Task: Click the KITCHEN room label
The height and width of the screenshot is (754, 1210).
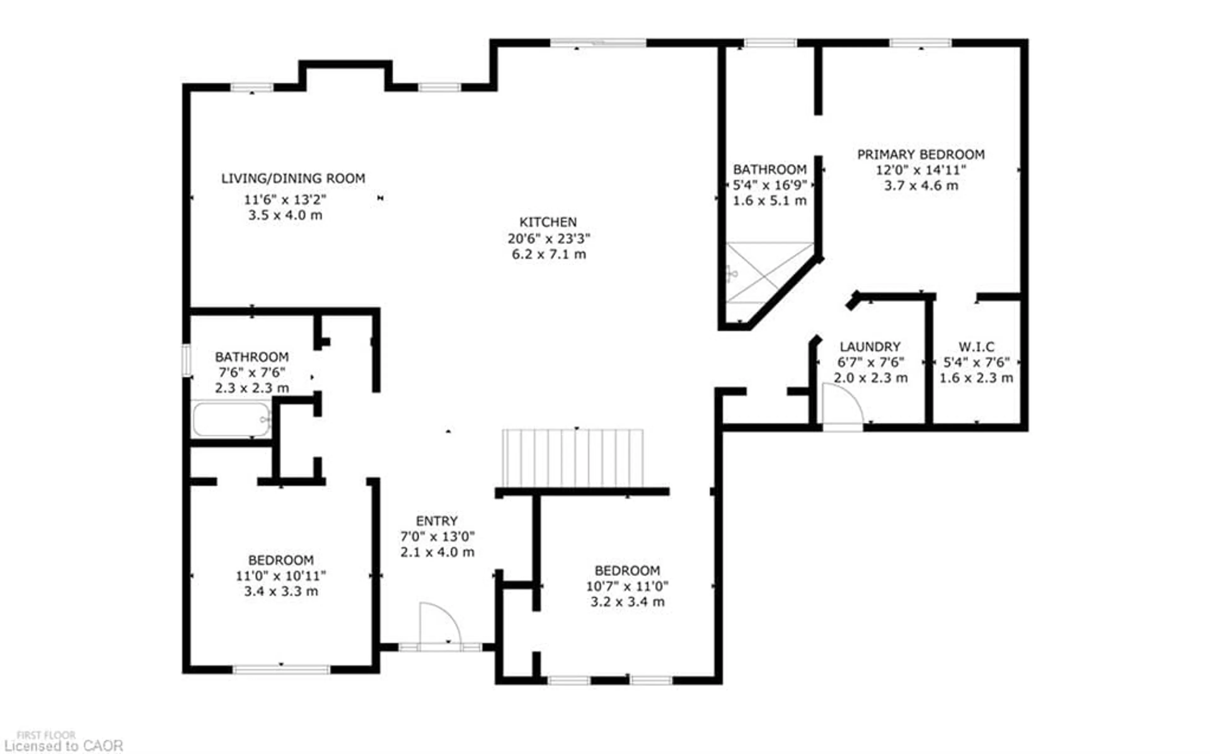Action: [548, 222]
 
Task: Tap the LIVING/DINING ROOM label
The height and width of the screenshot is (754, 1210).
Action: [293, 178]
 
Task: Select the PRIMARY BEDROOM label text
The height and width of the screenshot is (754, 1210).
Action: [921, 155]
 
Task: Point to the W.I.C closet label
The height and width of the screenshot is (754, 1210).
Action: [976, 347]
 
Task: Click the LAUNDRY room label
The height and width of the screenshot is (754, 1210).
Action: [870, 347]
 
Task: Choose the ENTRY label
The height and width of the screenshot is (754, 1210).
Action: [437, 521]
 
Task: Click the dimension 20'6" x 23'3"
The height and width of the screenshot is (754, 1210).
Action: [548, 238]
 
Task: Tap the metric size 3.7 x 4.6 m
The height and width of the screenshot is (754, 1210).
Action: [921, 185]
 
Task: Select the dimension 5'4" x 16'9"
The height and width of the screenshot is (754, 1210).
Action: [769, 185]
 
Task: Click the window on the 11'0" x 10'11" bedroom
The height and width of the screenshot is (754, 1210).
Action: [281, 669]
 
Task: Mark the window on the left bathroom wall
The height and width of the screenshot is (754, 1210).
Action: [186, 360]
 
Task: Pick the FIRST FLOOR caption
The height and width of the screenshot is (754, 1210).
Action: [46, 735]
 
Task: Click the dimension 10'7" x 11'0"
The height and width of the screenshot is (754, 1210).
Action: [627, 586]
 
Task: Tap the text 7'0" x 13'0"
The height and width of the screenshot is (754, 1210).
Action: [437, 536]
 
